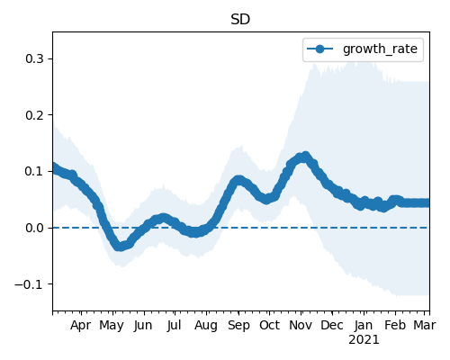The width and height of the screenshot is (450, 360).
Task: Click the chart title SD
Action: [x=240, y=20]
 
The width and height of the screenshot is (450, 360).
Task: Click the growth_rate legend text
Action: [x=380, y=49]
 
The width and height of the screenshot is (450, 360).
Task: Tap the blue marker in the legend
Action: [x=319, y=49]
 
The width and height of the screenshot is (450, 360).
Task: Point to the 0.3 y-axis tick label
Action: [x=34, y=58]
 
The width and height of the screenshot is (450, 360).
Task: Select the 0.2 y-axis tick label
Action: [x=34, y=115]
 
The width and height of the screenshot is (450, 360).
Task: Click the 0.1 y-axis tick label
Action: [x=34, y=171]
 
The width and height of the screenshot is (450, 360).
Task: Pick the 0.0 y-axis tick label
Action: [x=34, y=228]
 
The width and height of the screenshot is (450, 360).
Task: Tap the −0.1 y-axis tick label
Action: [x=30, y=284]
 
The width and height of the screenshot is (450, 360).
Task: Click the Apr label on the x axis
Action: [x=81, y=326]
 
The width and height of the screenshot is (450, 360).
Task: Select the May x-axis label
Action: [x=112, y=326]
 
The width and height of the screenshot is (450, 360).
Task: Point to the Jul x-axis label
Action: [x=174, y=325]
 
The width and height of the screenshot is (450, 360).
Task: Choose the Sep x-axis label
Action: [x=238, y=326]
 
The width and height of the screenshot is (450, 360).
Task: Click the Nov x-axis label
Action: [x=301, y=325]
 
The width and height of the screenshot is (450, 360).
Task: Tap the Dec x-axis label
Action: [x=332, y=325]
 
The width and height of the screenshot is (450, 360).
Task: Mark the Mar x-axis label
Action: [x=425, y=325]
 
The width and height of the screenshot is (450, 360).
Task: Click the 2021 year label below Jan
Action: [x=364, y=340]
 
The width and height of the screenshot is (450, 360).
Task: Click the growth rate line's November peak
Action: [x=305, y=156]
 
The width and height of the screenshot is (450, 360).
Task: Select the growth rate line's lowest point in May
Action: [x=120, y=247]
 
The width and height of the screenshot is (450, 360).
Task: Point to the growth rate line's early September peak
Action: [x=238, y=180]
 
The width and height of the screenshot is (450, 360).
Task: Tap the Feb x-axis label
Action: [x=395, y=325]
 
